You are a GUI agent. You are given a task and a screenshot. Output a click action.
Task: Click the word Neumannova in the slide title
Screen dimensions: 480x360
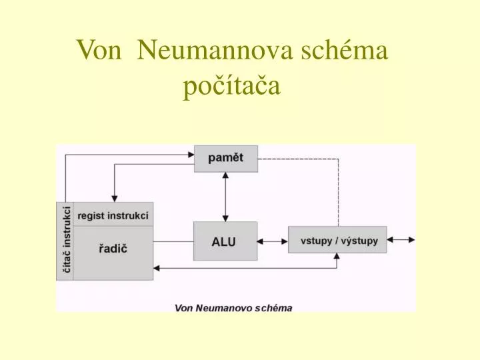[215, 50]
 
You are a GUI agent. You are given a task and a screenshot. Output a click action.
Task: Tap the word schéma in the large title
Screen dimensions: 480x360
[345, 49]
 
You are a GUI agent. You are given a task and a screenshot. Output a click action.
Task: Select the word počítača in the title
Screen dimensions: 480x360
[231, 85]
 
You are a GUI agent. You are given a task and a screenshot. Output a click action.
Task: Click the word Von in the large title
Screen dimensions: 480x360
[99, 50]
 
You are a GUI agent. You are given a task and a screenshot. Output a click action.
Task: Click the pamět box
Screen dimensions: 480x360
[226, 159]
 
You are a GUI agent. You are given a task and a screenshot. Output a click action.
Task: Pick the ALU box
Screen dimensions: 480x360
[225, 241]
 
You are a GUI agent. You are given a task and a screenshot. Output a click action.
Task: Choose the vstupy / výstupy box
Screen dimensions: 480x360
[337, 240]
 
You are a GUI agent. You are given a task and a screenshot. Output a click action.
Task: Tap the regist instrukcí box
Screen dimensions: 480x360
[113, 214]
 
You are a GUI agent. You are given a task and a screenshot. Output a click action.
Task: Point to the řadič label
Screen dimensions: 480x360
[113, 249]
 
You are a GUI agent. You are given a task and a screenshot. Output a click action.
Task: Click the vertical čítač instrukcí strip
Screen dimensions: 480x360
[65, 241]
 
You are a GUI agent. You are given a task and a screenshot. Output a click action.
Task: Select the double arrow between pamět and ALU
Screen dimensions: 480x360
[225, 197]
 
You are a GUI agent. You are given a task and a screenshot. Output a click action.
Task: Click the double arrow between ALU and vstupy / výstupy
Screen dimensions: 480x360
[273, 241]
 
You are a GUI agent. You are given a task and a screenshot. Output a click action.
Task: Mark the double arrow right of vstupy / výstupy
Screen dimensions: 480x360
[401, 240]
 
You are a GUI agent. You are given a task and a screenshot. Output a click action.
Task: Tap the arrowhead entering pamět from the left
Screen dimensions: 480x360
[191, 155]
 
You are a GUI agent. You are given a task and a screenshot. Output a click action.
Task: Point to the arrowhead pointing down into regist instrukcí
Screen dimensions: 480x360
[115, 199]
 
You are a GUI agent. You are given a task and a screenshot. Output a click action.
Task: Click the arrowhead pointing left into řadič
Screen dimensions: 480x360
[157, 269]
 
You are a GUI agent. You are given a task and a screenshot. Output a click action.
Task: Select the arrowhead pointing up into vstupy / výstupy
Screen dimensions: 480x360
[337, 257]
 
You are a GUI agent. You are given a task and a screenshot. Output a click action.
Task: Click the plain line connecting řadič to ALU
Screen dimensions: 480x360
[173, 241]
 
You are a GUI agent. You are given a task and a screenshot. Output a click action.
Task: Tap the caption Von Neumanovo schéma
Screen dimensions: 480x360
[233, 308]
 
